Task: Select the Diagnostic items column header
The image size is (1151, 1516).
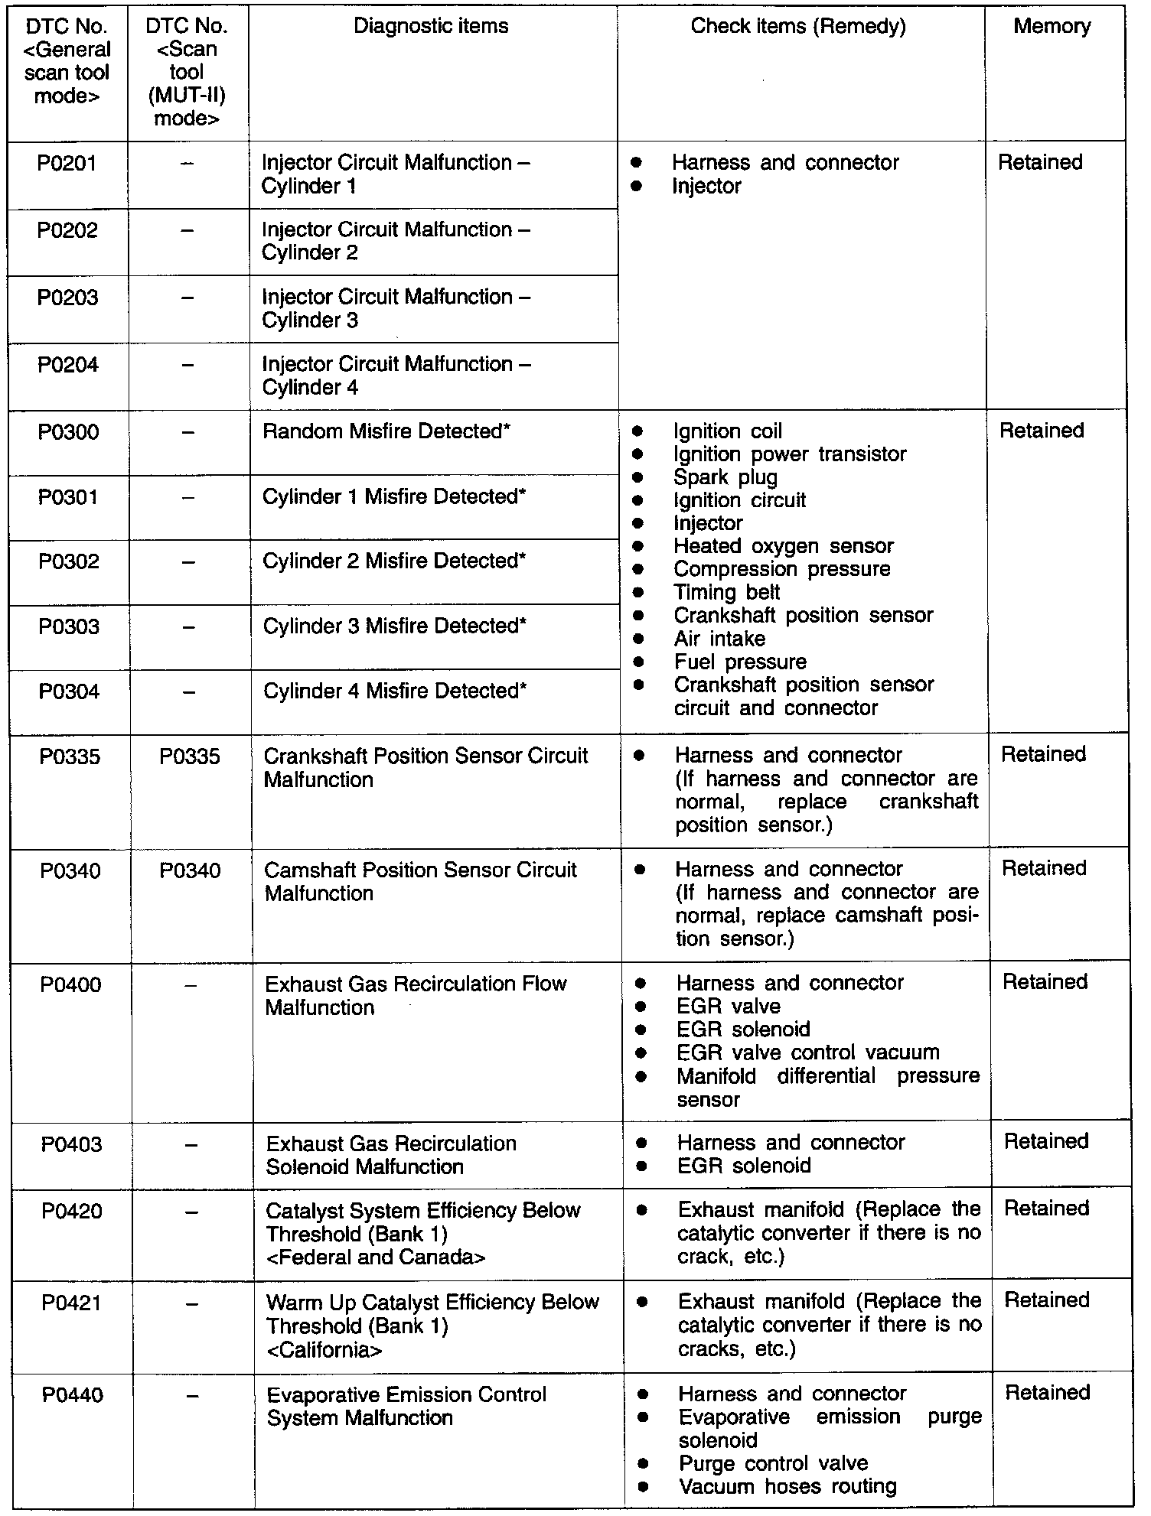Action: point(431,27)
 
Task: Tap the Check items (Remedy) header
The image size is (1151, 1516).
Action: point(797,27)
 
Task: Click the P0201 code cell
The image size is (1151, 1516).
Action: point(67,163)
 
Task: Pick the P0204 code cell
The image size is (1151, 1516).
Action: point(68,365)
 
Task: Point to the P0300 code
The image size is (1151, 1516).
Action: point(68,432)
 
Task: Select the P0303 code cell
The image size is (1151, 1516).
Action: point(69,627)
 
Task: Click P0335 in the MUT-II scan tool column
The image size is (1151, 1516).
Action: point(190,757)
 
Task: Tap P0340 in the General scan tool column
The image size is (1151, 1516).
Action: point(70,871)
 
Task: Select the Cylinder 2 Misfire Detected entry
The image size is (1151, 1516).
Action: point(394,561)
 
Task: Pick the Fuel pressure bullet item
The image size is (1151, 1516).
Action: point(740,662)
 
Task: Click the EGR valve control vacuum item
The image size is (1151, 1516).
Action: point(807,1053)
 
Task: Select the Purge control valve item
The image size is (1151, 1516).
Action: point(773,1463)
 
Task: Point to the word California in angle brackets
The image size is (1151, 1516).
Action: point(324,1350)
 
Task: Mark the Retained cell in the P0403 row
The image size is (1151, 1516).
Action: point(1046,1142)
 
